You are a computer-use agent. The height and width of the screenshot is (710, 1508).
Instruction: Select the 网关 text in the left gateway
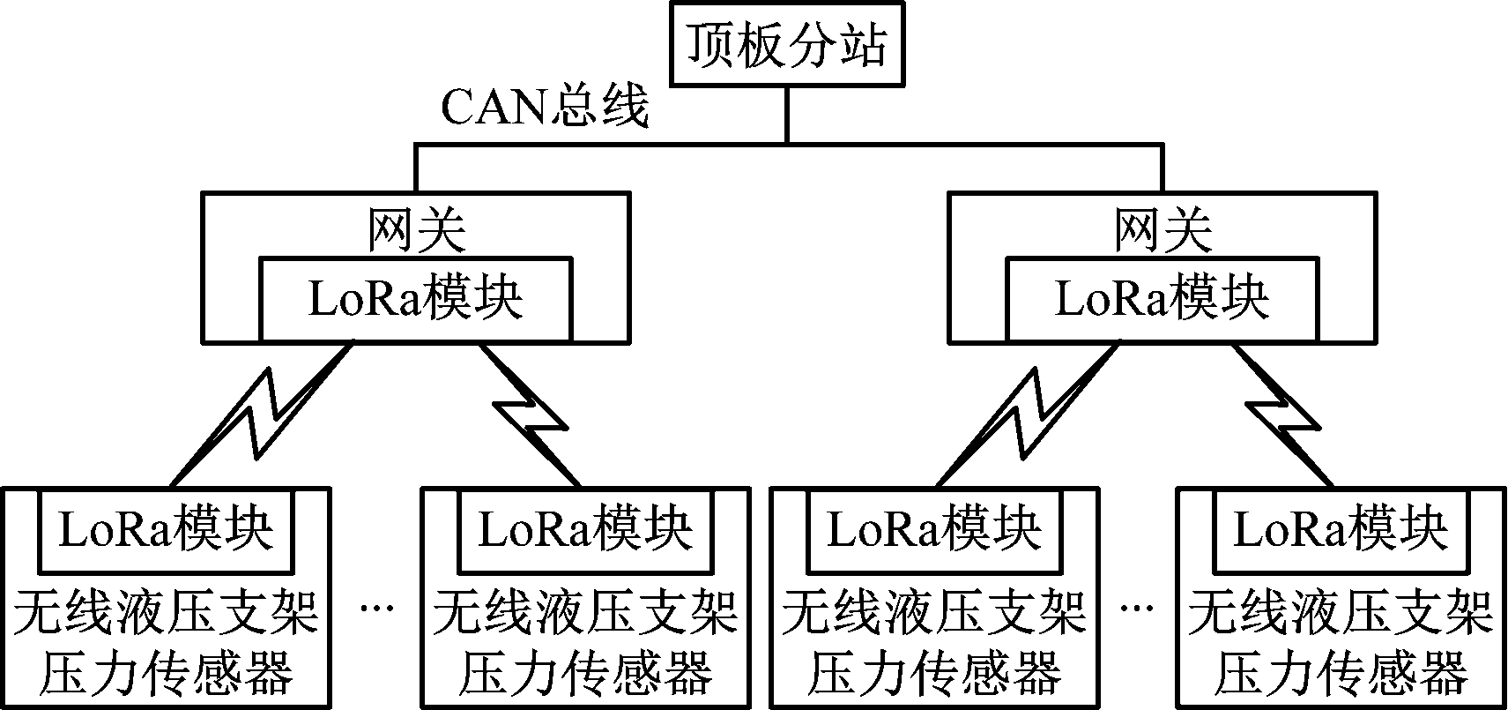click(416, 230)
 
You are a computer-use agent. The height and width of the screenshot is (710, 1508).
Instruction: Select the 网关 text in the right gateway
click(1163, 230)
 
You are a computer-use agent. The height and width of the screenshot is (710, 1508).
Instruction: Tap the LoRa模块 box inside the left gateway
click(415, 298)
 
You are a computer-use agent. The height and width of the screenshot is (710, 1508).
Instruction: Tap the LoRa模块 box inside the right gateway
click(1163, 298)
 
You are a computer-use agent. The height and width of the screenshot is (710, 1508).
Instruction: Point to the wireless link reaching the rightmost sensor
click(1283, 415)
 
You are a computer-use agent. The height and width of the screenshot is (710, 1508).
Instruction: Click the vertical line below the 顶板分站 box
click(787, 115)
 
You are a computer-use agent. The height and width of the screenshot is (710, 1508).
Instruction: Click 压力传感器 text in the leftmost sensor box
click(167, 675)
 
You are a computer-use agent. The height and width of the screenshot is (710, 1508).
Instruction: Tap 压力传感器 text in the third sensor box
click(935, 675)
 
